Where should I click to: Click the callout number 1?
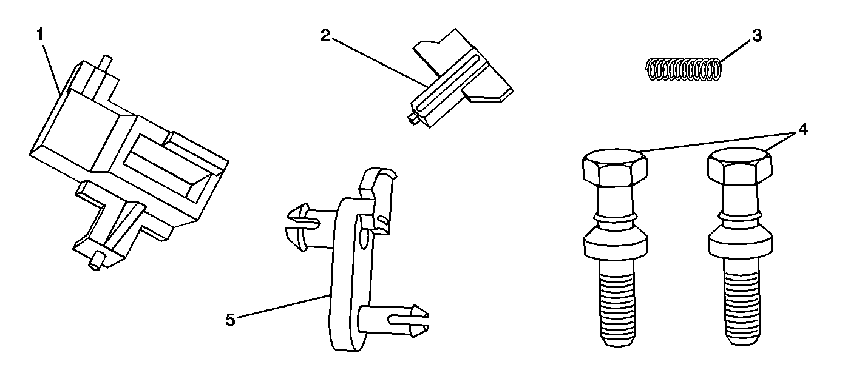tap(40, 35)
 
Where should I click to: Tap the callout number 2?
tap(325, 36)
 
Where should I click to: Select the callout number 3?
tap(757, 35)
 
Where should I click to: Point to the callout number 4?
tap(803, 129)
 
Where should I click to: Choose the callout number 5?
tap(230, 320)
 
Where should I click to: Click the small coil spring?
tap(684, 69)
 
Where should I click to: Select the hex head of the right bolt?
tap(740, 166)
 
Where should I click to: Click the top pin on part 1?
tap(106, 66)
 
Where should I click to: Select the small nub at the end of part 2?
tap(413, 119)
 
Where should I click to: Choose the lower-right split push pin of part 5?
tap(394, 321)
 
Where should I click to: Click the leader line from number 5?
tap(283, 306)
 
